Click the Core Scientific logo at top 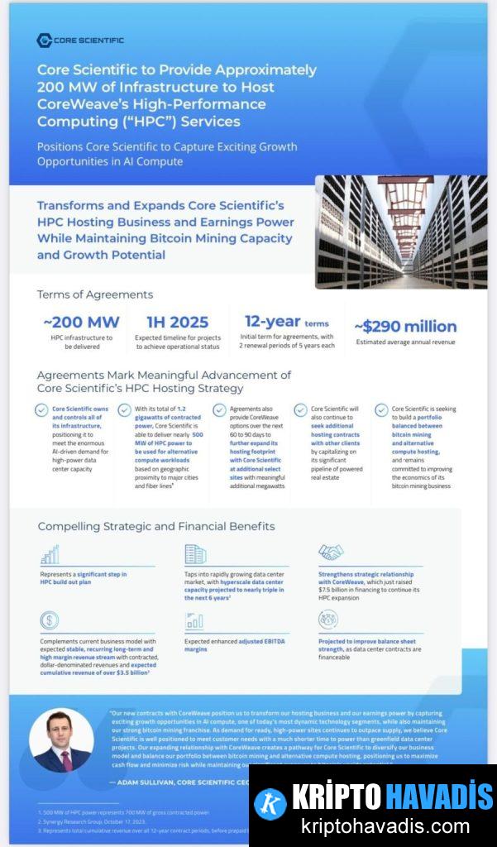(79, 40)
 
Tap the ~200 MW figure (81, 323)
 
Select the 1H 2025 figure (177, 323)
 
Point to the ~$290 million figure (405, 326)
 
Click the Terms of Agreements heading (95, 294)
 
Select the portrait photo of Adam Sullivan (61, 739)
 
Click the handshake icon (331, 552)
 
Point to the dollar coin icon (49, 620)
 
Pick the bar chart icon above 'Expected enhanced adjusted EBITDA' (194, 621)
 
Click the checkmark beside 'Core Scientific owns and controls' (41, 409)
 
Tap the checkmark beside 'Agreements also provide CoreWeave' (219, 409)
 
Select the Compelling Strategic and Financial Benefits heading (156, 526)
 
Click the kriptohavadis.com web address (385, 825)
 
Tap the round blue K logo (270, 803)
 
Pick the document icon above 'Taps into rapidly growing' (195, 553)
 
